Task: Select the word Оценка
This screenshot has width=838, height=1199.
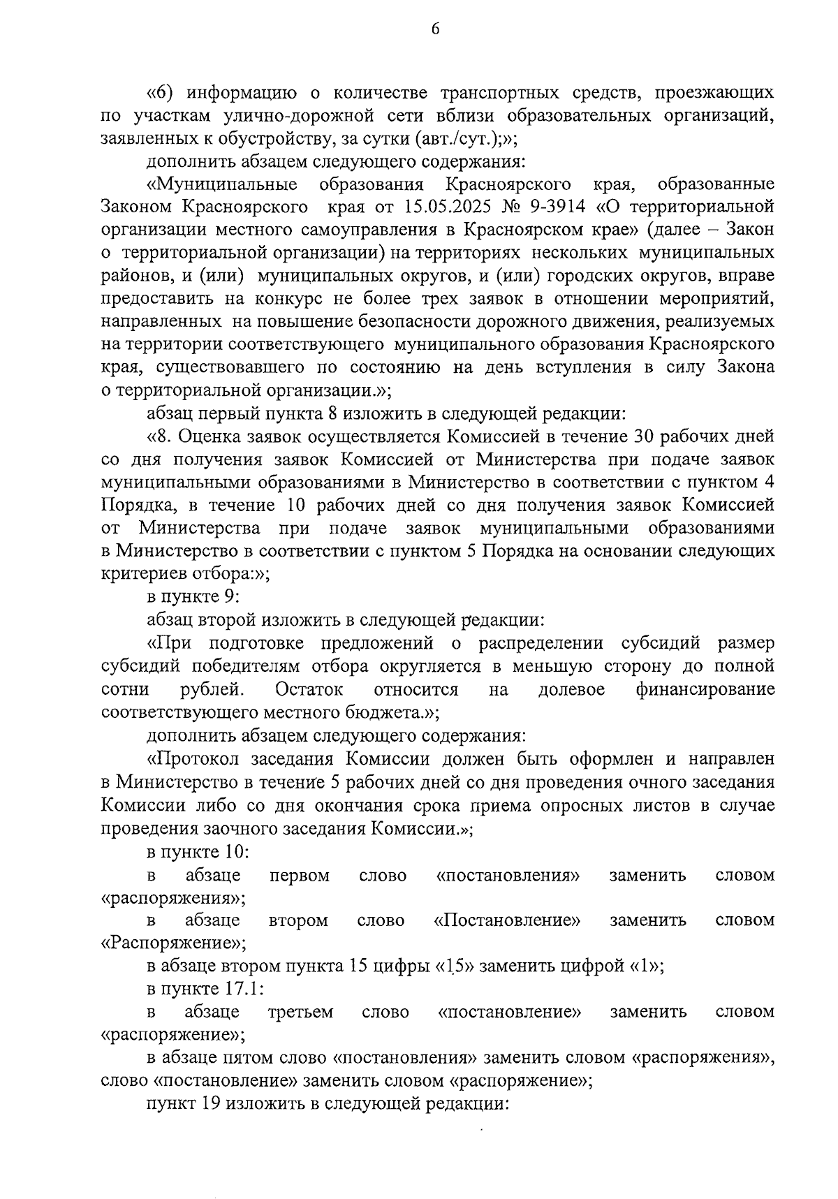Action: (211, 436)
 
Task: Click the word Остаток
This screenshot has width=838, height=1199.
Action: (309, 689)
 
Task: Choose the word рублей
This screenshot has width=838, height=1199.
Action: (212, 689)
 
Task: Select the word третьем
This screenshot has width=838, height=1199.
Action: (300, 1011)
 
